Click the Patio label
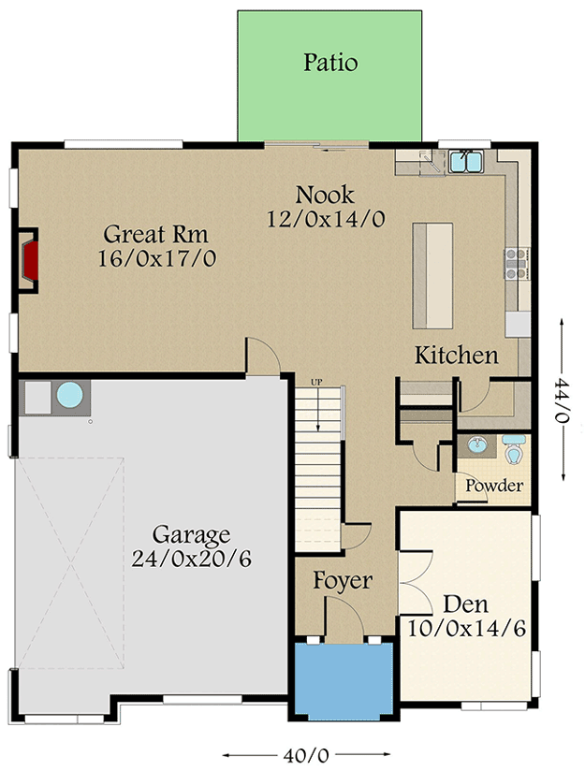click(x=330, y=64)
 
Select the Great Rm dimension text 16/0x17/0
click(x=156, y=258)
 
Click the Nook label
click(x=325, y=196)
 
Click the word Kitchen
click(x=456, y=356)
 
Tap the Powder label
click(x=493, y=486)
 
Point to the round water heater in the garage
click(x=70, y=396)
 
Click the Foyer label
click(x=342, y=581)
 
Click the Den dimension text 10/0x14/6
click(x=465, y=627)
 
